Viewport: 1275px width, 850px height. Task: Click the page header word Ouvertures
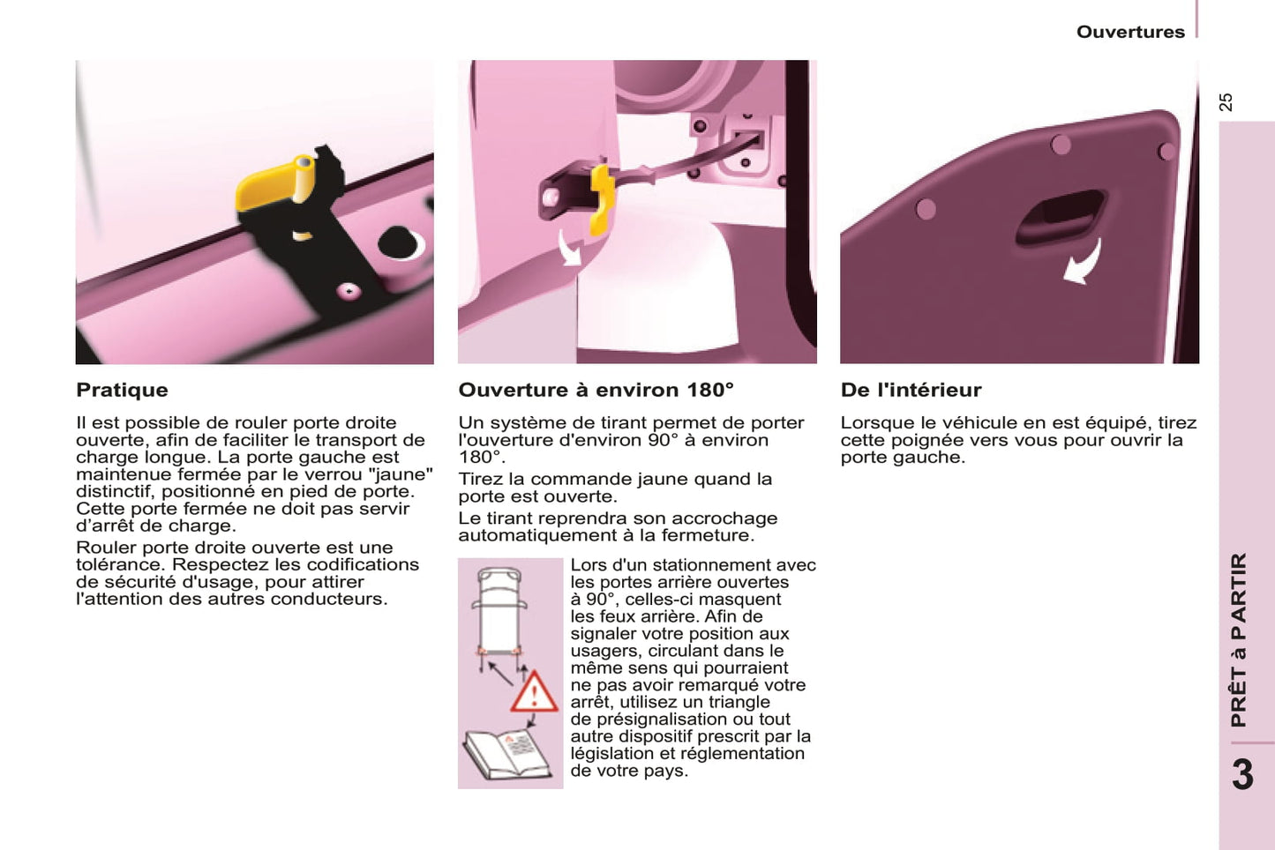pos(1130,32)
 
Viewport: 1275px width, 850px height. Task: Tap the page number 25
pos(1226,102)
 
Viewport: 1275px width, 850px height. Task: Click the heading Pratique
pos(123,390)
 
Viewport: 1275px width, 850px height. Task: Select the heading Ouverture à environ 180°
pos(596,390)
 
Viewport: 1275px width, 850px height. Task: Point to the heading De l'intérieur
pos(911,390)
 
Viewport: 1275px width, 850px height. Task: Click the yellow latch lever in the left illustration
pos(275,182)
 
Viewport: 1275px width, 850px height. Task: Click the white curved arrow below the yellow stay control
pos(569,248)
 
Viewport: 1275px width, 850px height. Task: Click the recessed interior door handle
pos(1060,218)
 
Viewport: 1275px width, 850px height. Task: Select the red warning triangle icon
pos(533,692)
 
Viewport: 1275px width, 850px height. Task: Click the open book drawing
pos(506,754)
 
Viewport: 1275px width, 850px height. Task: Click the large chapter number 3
pos(1243,775)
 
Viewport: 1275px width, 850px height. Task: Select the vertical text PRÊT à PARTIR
pos(1239,639)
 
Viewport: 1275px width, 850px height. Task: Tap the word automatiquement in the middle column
pos(557,535)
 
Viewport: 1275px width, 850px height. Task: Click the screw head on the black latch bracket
pos(348,292)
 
